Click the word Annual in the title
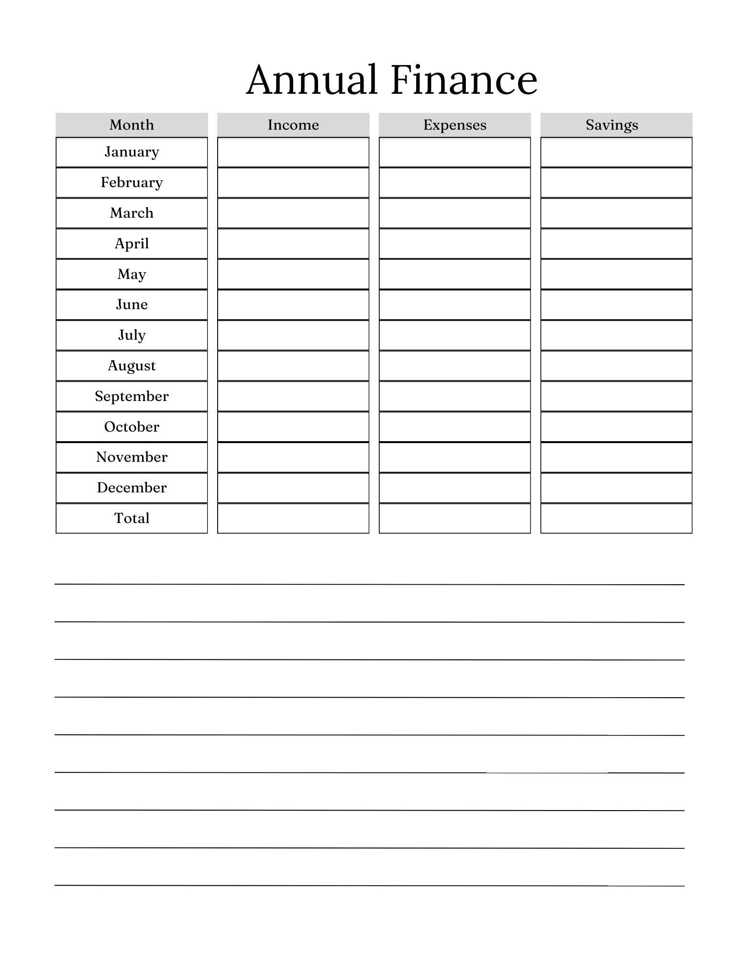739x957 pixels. tap(311, 80)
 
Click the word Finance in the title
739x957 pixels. tap(464, 80)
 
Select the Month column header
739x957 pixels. tap(132, 125)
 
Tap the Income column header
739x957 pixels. tap(293, 125)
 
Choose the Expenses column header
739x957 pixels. tap(455, 125)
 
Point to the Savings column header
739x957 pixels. tap(612, 125)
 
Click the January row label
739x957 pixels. tap(132, 152)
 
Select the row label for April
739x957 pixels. tap(132, 244)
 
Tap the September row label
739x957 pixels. tap(132, 396)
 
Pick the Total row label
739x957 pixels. tap(132, 518)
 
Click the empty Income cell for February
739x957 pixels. tap(293, 183)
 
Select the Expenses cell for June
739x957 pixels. tap(455, 305)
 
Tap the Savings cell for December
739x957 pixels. tap(616, 488)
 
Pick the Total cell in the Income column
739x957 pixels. tap(293, 518)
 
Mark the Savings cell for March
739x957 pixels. tap(616, 213)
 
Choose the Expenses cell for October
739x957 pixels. tap(455, 427)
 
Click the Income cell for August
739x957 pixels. tap(293, 366)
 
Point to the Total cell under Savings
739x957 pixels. tap(616, 518)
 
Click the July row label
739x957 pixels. tap(132, 335)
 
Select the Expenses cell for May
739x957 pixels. tap(455, 274)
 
